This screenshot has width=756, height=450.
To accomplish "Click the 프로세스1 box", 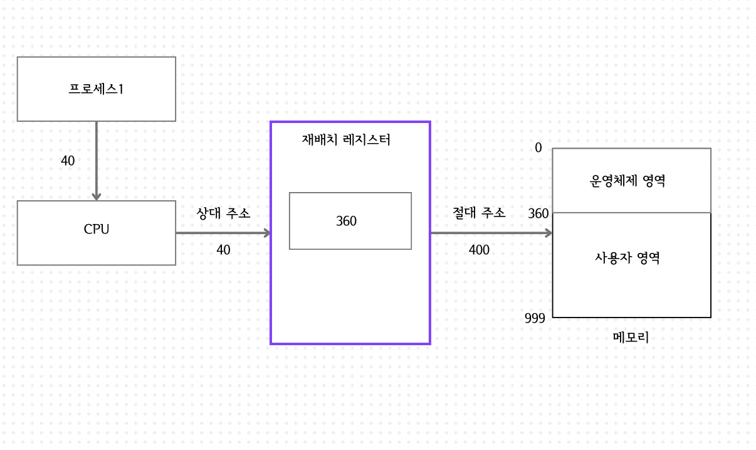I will click(x=96, y=89).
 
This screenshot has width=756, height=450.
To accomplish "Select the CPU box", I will click(x=96, y=233).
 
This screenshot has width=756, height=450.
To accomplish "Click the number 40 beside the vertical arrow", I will click(x=68, y=161).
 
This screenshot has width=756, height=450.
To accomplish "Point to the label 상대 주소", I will click(x=224, y=213).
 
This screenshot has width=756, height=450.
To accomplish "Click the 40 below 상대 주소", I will click(x=223, y=250).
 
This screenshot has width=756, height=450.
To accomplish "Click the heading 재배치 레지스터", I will click(x=346, y=140).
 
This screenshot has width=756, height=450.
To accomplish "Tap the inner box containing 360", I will click(x=350, y=221).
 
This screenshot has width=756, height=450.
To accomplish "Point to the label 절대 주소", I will click(x=479, y=213).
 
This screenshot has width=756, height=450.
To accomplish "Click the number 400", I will click(x=479, y=250).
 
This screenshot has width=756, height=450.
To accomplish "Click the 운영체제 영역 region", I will click(x=631, y=181).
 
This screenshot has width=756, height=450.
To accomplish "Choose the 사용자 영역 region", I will click(x=631, y=259).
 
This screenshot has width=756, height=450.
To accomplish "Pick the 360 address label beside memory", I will click(x=538, y=213).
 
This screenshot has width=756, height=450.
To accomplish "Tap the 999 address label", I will click(x=535, y=318).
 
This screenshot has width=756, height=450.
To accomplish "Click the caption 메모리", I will click(x=630, y=338).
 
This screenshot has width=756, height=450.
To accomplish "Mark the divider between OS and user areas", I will click(x=631, y=213).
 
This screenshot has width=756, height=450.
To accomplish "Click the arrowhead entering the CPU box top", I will click(x=97, y=196).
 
